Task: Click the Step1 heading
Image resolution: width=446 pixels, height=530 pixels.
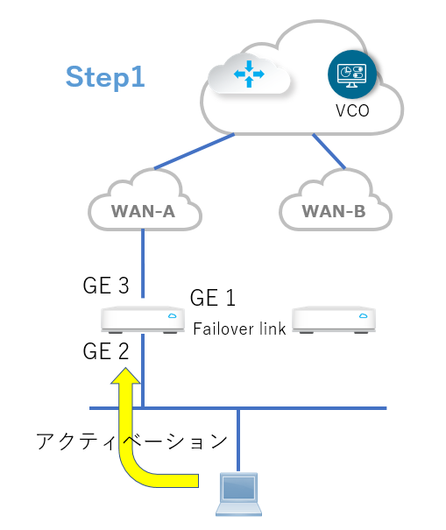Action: pyautogui.click(x=105, y=77)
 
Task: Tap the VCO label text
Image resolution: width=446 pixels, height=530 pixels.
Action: pyautogui.click(x=352, y=110)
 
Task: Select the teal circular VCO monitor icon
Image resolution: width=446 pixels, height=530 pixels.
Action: pyautogui.click(x=352, y=74)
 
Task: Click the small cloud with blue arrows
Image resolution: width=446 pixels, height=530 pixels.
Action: pyautogui.click(x=249, y=74)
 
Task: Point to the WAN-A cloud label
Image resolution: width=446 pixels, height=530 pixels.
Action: pyautogui.click(x=143, y=211)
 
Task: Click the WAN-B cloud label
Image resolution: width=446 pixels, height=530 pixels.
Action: pyautogui.click(x=334, y=211)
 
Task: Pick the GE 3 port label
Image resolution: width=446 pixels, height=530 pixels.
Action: pyautogui.click(x=106, y=286)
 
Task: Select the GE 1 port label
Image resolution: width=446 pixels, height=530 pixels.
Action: pyautogui.click(x=213, y=298)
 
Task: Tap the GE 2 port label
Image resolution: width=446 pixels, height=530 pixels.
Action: pyautogui.click(x=106, y=351)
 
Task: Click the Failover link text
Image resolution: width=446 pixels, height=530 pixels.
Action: pyautogui.click(x=239, y=329)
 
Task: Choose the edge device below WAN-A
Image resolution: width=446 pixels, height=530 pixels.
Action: pyautogui.click(x=143, y=320)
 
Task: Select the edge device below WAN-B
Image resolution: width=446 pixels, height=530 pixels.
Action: pyautogui.click(x=334, y=320)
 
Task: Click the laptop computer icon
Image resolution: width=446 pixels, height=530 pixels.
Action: pyautogui.click(x=238, y=494)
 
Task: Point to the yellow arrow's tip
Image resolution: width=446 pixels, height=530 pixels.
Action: pyautogui.click(x=125, y=368)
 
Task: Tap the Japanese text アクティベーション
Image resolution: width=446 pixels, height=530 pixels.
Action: pyautogui.click(x=132, y=442)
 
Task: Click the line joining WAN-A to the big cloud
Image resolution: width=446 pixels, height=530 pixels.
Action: pyautogui.click(x=195, y=151)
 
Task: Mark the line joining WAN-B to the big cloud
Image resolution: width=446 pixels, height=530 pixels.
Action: pyautogui.click(x=329, y=151)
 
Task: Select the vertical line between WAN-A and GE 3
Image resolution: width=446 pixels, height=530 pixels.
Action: pyautogui.click(x=143, y=264)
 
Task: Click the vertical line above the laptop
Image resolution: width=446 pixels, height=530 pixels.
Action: pyautogui.click(x=238, y=440)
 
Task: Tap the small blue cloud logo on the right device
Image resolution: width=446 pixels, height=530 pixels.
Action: pyautogui.click(x=364, y=315)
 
